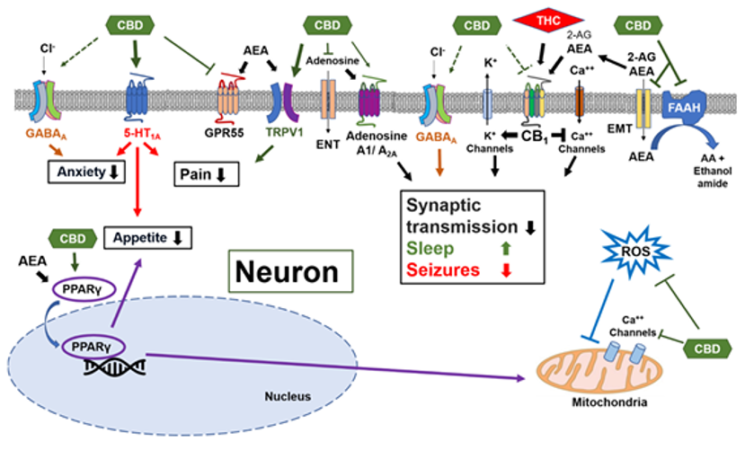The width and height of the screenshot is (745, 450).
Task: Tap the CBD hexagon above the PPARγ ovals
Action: pos(78,239)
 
